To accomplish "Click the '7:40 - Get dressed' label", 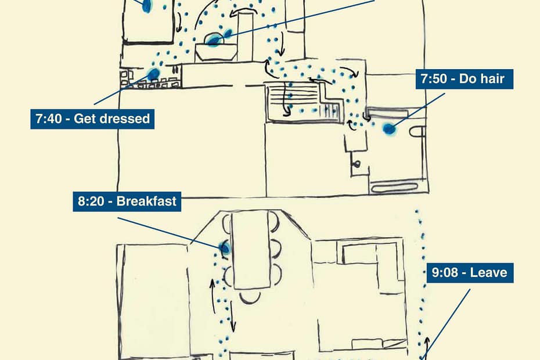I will [x=93, y=120].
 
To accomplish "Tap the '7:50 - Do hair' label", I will [x=464, y=79].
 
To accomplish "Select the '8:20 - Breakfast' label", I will [x=127, y=201].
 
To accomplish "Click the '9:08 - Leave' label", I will [x=470, y=272].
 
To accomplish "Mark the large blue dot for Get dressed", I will [x=153, y=74].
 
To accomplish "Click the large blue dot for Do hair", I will [x=389, y=129].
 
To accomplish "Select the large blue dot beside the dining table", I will [x=225, y=249].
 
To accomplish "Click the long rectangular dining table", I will [x=251, y=250].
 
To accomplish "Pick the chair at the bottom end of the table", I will [x=250, y=296].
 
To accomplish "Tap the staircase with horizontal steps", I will [x=302, y=101].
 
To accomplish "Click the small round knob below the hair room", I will [x=356, y=163].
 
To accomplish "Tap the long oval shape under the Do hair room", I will [x=395, y=188].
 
